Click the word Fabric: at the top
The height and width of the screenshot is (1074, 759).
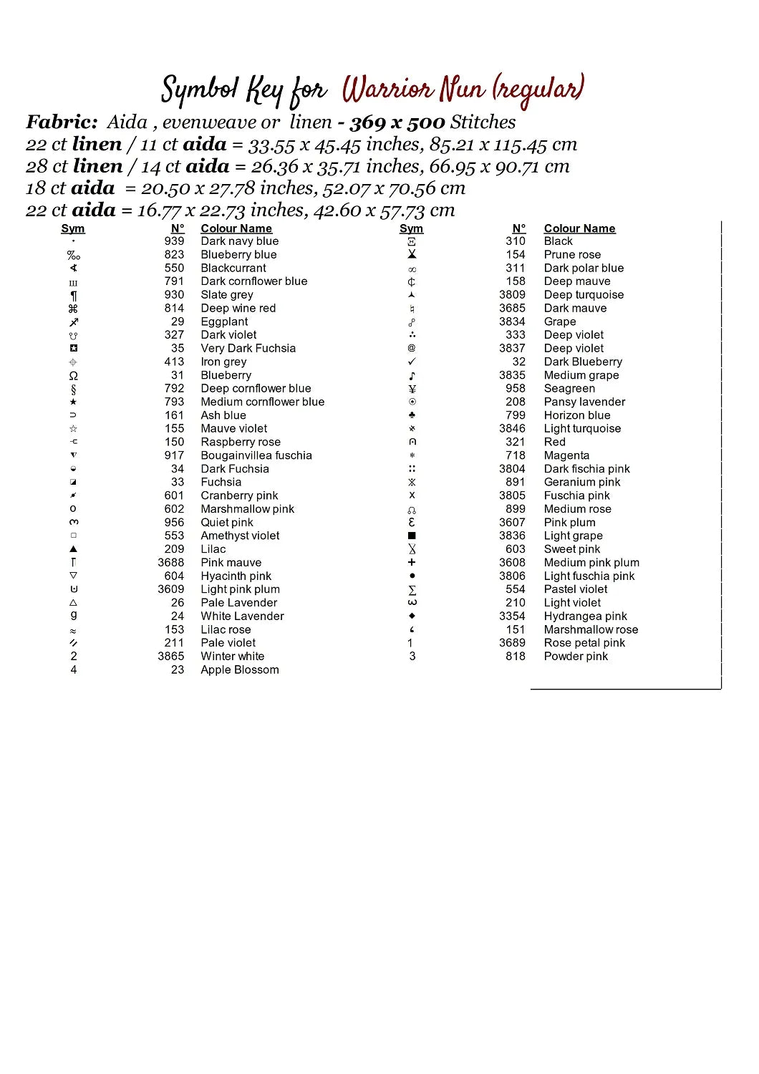(x=62, y=122)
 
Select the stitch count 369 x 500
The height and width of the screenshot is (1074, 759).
(x=397, y=122)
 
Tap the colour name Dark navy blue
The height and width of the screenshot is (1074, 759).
(x=239, y=241)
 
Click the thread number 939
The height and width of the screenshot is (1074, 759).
(x=174, y=241)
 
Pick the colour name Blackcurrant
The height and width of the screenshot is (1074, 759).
(x=233, y=268)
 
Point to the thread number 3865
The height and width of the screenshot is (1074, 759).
(x=171, y=656)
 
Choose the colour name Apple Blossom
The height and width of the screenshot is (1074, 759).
(x=239, y=669)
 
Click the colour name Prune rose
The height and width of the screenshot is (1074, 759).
(x=572, y=254)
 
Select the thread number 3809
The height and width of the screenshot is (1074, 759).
(x=512, y=294)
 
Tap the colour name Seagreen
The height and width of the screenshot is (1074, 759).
(x=569, y=388)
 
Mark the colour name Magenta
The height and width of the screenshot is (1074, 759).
(x=566, y=455)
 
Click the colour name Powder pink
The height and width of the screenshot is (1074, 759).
(x=576, y=656)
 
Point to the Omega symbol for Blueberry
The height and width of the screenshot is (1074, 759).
(x=73, y=375)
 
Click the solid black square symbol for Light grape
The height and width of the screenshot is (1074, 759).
(x=412, y=536)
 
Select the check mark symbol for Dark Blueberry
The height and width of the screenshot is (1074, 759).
(x=412, y=362)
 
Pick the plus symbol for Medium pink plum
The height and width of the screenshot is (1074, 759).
(x=412, y=563)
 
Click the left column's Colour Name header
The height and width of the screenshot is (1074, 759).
(x=236, y=228)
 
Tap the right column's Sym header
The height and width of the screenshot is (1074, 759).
(x=411, y=228)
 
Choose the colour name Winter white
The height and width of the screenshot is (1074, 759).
(x=232, y=656)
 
